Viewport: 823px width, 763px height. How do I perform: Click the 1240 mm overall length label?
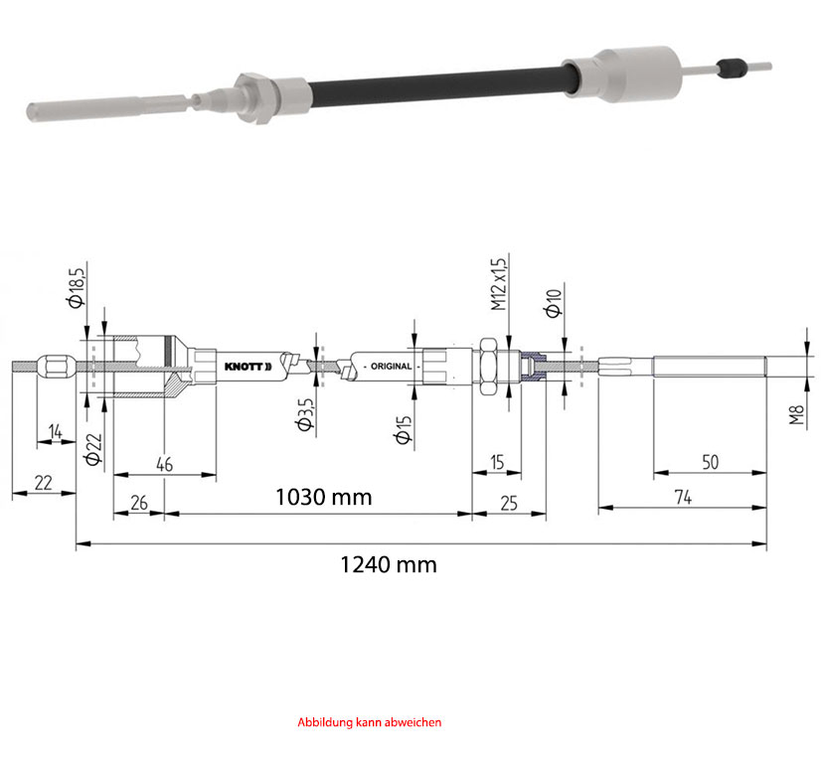click(389, 565)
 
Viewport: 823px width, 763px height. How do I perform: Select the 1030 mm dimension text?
click(324, 497)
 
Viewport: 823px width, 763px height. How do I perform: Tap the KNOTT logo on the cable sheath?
click(247, 367)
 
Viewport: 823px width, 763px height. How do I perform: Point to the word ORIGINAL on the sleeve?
click(391, 367)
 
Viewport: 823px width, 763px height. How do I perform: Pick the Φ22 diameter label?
click(92, 449)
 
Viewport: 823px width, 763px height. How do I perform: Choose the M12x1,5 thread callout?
click(499, 284)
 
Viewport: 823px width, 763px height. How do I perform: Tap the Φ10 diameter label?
click(554, 303)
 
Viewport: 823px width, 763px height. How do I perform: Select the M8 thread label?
click(797, 414)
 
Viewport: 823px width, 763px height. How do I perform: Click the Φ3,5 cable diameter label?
click(305, 414)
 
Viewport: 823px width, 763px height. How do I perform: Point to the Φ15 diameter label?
click(404, 430)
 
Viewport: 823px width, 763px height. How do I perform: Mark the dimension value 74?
click(683, 497)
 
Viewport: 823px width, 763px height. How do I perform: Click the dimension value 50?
click(710, 462)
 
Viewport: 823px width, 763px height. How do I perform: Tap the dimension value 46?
click(164, 464)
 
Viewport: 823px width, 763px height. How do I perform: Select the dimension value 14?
click(55, 432)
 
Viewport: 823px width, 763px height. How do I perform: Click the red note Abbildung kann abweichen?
click(370, 722)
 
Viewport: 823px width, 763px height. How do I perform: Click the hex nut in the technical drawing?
click(488, 367)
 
